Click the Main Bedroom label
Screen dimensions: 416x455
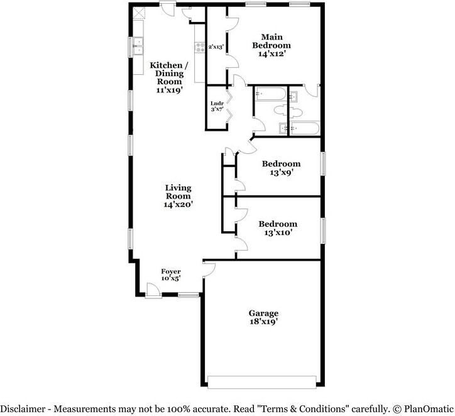tap(271, 45)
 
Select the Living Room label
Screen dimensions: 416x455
tap(178, 195)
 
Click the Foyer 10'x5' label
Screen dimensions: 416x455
tap(171, 275)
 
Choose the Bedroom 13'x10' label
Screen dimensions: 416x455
tap(277, 228)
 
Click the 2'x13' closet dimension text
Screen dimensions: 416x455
tap(216, 47)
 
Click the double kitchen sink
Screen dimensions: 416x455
tap(138, 47)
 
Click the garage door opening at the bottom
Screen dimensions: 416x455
tap(262, 382)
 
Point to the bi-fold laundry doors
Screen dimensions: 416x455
tap(229, 107)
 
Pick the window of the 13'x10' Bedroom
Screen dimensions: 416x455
tap(324, 229)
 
